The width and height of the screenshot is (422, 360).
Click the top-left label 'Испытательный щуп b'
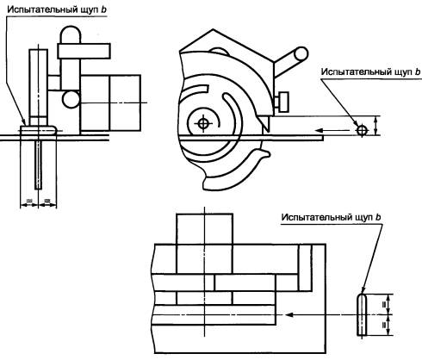[57, 9]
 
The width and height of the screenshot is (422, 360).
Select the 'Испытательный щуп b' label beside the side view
[370, 71]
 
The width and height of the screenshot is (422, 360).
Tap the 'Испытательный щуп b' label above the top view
[331, 217]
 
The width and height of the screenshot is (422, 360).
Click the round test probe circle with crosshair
[362, 131]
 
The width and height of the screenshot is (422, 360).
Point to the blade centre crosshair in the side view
[203, 123]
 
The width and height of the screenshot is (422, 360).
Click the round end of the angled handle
[301, 54]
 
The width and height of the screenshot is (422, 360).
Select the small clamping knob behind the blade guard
[282, 102]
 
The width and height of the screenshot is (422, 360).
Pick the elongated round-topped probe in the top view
[362, 314]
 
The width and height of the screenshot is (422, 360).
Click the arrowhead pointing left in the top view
[289, 314]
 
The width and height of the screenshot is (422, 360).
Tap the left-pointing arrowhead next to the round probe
[320, 131]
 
